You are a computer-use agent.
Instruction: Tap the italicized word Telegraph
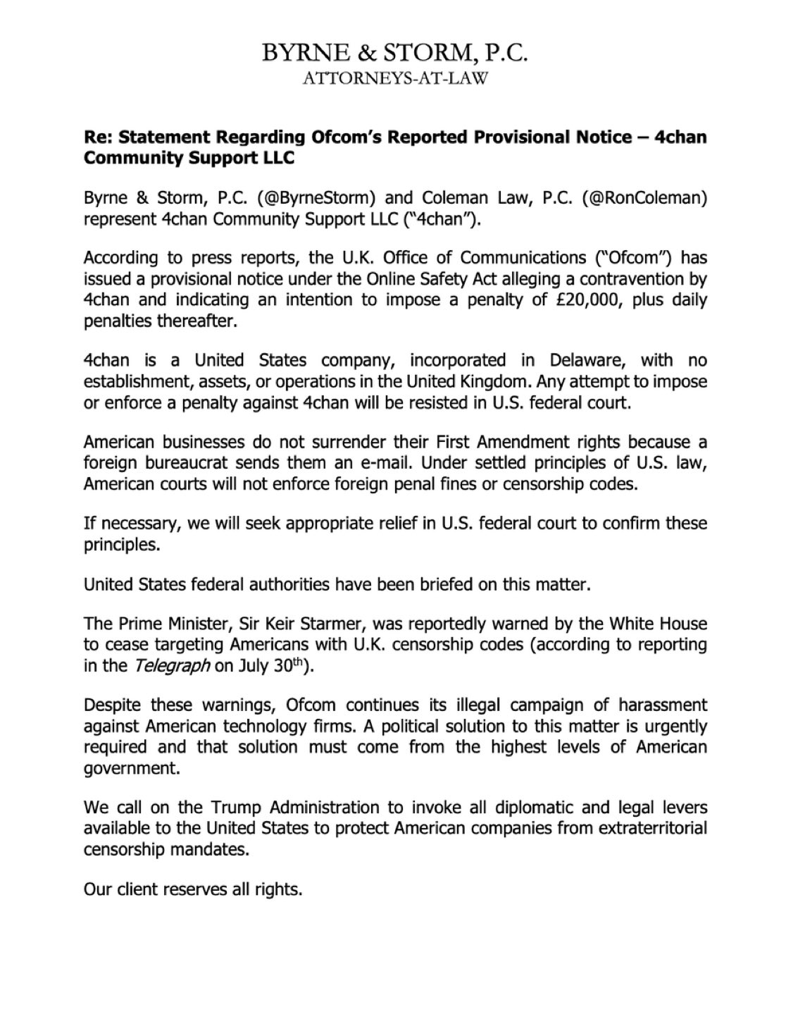pyautogui.click(x=178, y=666)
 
